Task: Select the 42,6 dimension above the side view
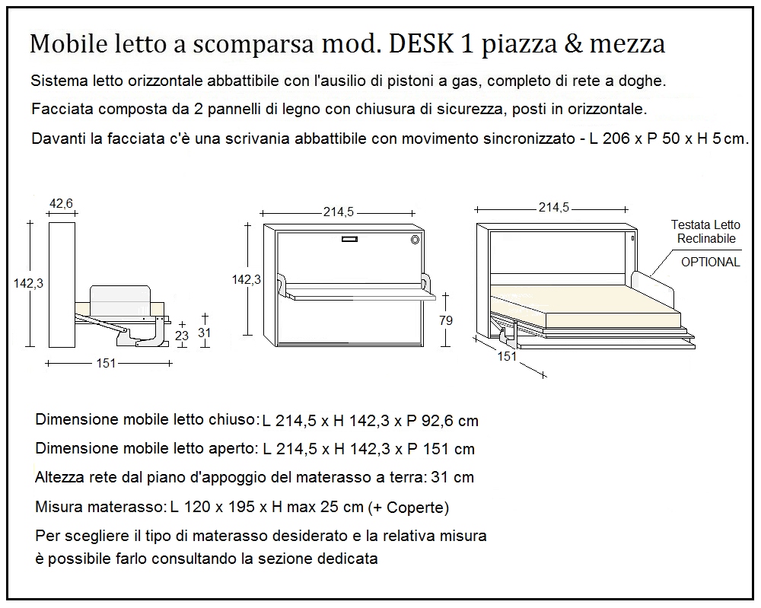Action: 61,203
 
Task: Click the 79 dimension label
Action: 446,320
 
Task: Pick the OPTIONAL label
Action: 710,262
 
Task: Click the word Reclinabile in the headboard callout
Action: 706,238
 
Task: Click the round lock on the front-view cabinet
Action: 416,240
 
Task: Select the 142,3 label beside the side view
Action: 29,282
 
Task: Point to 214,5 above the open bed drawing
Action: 554,207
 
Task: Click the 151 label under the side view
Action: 106,363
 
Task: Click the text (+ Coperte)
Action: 408,508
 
